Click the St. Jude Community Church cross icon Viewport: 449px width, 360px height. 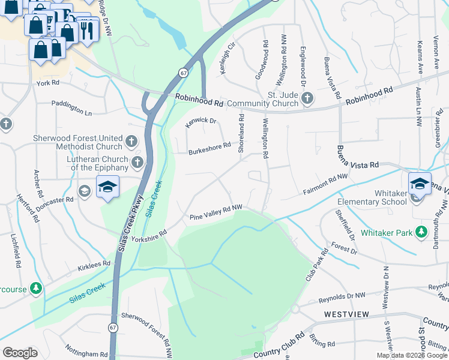(x=307, y=98)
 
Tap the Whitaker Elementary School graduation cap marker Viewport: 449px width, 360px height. (x=420, y=183)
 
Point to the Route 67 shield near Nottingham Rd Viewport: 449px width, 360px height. (x=113, y=328)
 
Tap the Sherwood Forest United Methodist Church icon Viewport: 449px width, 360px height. (x=132, y=142)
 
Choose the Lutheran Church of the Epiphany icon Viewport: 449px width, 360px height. (x=137, y=163)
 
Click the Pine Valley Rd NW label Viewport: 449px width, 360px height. (x=216, y=212)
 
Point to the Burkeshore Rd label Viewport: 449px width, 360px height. (x=209, y=148)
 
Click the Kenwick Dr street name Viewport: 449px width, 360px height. (x=200, y=122)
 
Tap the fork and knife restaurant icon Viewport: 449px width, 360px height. (x=88, y=28)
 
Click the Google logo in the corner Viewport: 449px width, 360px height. (x=20, y=353)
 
